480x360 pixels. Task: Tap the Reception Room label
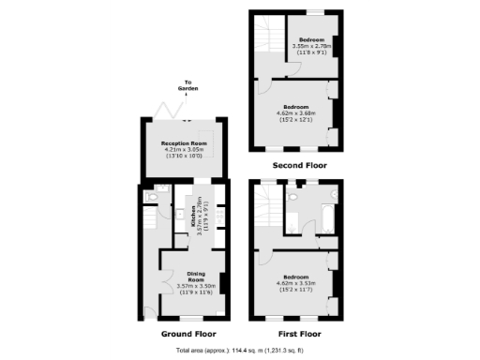coord(182,142)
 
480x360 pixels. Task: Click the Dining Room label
coord(195,277)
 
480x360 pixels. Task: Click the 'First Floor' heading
coord(299,332)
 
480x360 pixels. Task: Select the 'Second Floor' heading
coord(299,165)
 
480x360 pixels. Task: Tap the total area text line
coord(238,351)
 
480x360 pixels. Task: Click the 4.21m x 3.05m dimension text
coord(182,148)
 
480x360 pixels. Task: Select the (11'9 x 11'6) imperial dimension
coord(195,293)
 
